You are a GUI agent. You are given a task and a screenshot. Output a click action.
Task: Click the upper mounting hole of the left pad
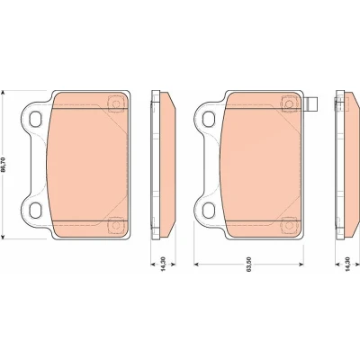tap(36, 119)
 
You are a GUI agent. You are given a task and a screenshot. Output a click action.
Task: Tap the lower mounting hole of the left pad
tap(36, 210)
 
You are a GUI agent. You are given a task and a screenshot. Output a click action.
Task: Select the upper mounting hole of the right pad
tap(209, 119)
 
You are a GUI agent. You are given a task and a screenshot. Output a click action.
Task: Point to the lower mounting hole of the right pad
tap(209, 210)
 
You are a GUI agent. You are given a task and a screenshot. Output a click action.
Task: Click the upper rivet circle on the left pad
tap(115, 103)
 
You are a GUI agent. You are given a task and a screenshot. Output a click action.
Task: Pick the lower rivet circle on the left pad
tap(115, 225)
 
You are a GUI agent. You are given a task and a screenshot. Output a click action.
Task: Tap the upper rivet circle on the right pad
tap(289, 103)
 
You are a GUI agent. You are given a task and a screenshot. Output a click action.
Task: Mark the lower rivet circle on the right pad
tap(289, 225)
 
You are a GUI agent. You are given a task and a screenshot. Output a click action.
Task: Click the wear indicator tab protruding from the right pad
tap(310, 104)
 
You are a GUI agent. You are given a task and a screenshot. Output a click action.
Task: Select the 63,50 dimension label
tap(248, 265)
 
